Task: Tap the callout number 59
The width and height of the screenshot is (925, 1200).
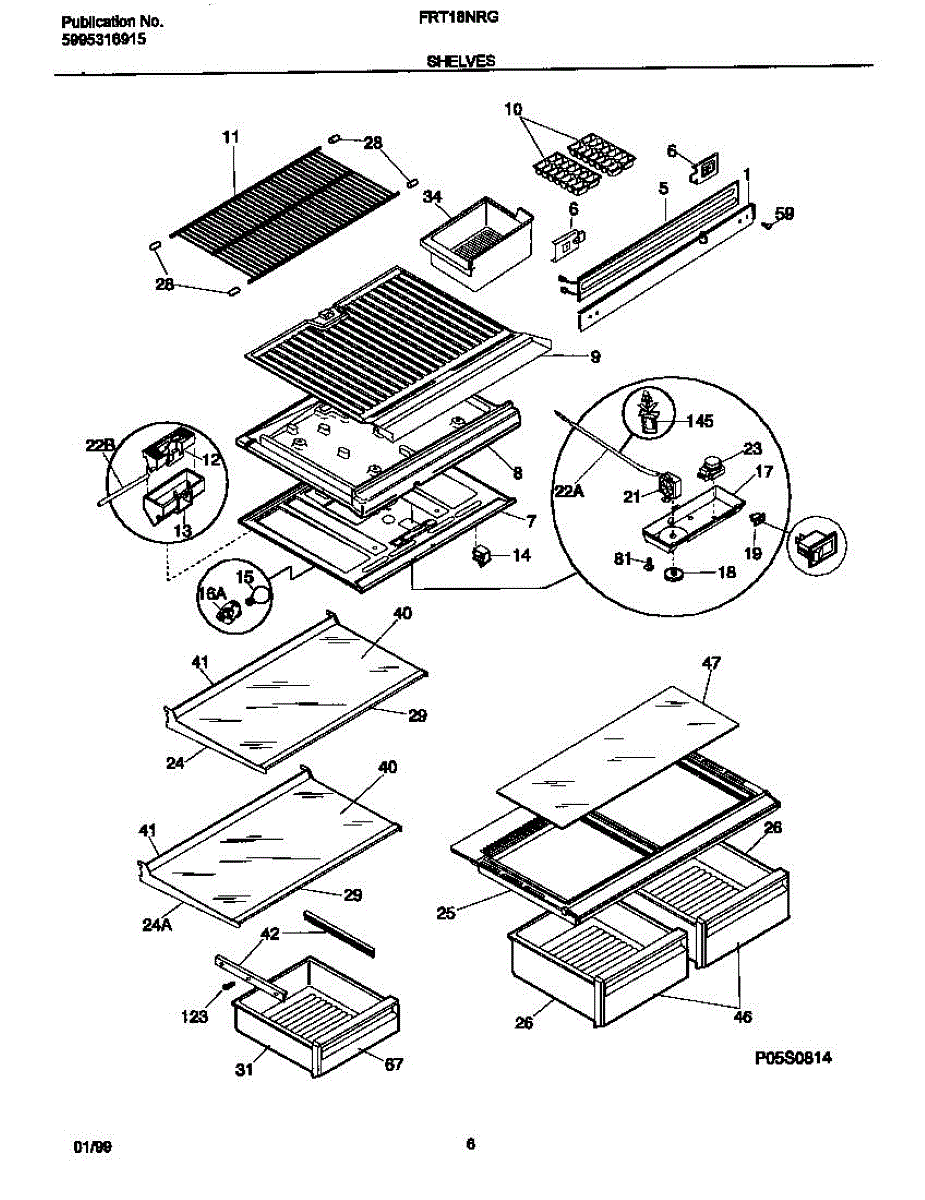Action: [785, 213]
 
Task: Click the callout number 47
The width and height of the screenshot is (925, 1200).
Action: [711, 663]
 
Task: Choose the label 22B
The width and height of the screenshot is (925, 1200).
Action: [99, 446]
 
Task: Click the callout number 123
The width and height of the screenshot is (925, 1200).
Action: [196, 1017]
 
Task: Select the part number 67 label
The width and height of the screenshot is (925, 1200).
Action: [393, 1064]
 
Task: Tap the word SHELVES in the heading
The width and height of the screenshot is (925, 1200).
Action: [461, 61]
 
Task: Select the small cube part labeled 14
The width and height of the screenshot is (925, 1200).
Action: [485, 554]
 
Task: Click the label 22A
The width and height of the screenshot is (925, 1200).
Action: [569, 489]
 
